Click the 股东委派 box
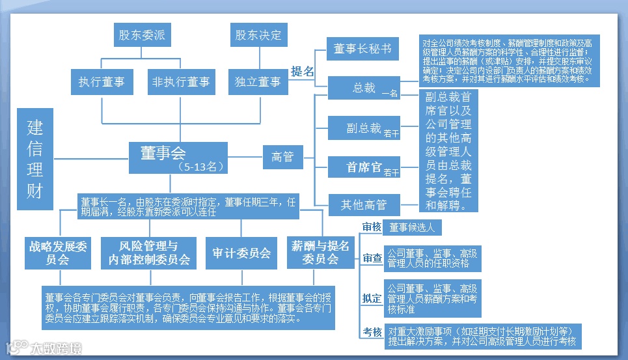141,35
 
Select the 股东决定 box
258,35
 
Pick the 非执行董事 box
180,82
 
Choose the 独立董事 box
258,82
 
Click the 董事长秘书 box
362,49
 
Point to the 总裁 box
364,89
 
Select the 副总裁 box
364,129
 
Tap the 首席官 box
364,167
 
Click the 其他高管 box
364,205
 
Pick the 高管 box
282,157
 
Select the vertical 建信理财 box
35,159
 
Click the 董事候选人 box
413,228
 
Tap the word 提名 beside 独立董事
302,72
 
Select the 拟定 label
372,299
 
